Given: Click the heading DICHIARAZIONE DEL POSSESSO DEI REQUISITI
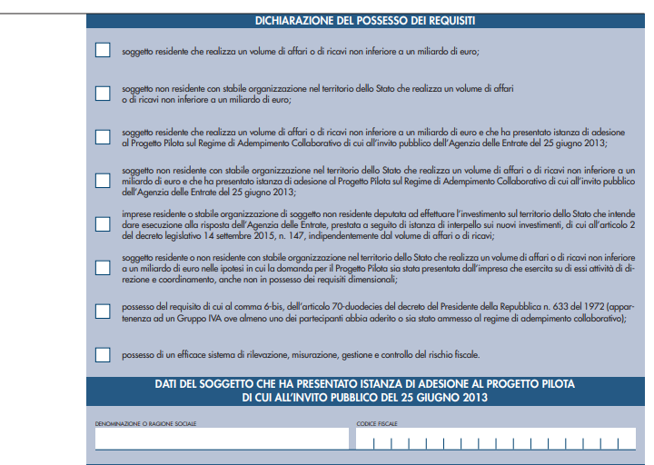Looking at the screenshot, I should [x=365, y=19].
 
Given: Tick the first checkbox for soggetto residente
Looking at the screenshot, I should [x=103, y=51].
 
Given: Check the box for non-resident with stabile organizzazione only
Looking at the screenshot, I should [x=103, y=93].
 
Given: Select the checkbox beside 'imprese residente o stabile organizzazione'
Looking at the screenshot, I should [x=103, y=223].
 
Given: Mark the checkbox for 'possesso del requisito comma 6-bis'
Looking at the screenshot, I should [x=103, y=311].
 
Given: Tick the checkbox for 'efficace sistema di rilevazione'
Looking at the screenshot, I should [x=103, y=354].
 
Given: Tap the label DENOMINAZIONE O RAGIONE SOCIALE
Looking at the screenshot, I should [x=145, y=424].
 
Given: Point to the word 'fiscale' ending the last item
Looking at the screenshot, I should [x=466, y=354].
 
